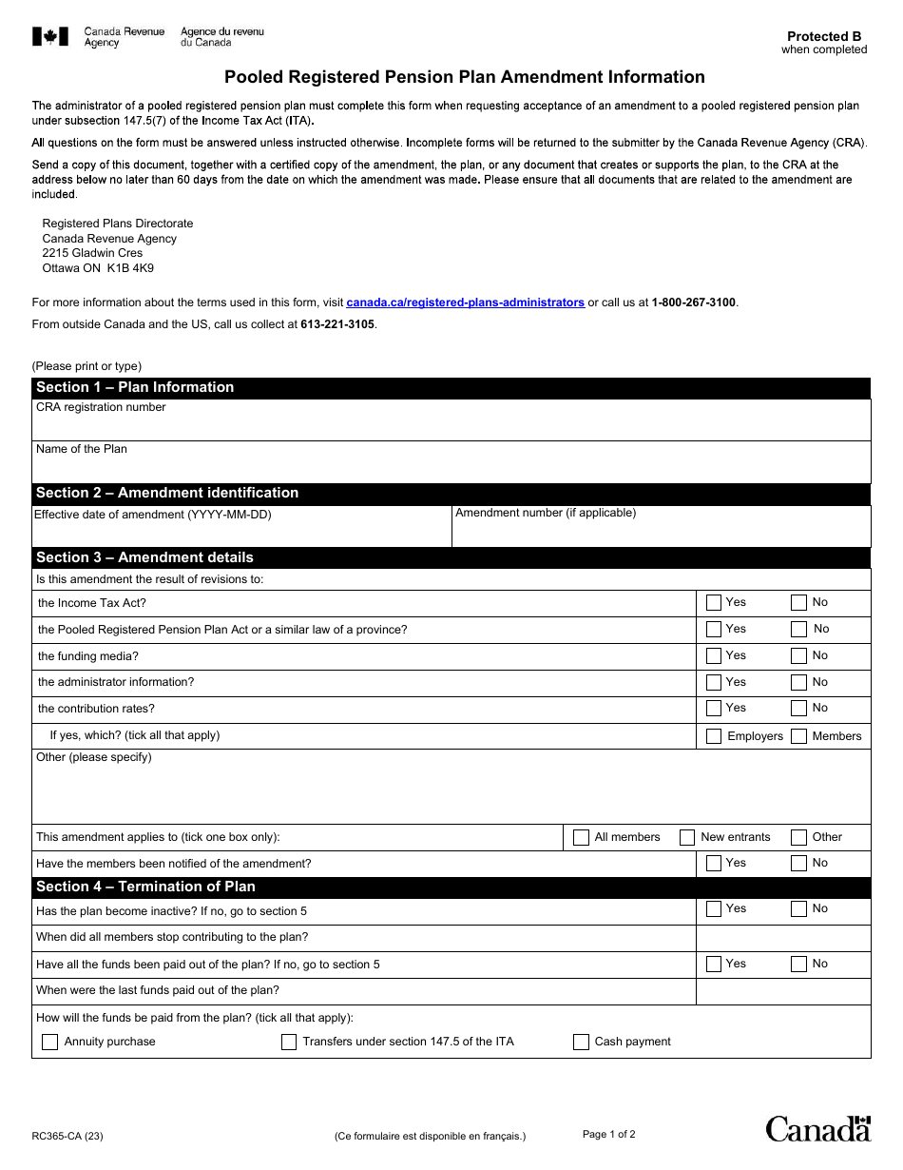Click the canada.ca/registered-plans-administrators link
pyautogui.click(x=465, y=302)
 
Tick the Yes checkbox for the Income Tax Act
pyautogui.click(x=714, y=602)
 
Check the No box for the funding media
pyautogui.click(x=798, y=655)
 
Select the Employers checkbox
pyautogui.click(x=714, y=736)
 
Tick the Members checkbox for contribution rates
pyautogui.click(x=798, y=736)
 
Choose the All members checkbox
pyautogui.click(x=581, y=838)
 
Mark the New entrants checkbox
pyautogui.click(x=687, y=838)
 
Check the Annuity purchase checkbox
pyautogui.click(x=50, y=1043)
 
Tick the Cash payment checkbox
pyautogui.click(x=581, y=1043)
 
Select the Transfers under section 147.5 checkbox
pyautogui.click(x=289, y=1043)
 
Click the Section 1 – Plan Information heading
pyautogui.click(x=135, y=387)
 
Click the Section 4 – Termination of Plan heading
pyautogui.click(x=145, y=887)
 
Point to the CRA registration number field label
pyautogui.click(x=101, y=407)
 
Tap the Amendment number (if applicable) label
pyautogui.click(x=546, y=513)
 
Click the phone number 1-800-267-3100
pyautogui.click(x=694, y=302)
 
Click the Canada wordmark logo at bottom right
pyautogui.click(x=817, y=1128)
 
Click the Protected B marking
pyautogui.click(x=824, y=36)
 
